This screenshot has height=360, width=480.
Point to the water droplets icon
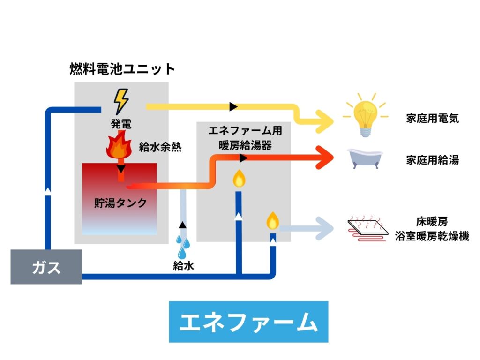(183, 242)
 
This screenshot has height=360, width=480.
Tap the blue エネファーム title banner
(248, 322)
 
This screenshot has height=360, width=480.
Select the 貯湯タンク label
(120, 203)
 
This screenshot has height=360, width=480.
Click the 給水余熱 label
(160, 146)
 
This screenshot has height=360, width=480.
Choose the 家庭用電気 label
(432, 118)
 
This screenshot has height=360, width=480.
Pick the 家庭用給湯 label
(432, 160)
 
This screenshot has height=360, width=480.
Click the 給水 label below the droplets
(183, 266)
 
